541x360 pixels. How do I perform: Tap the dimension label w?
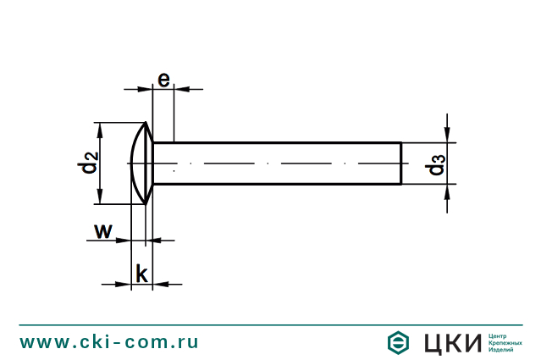pyautogui.click(x=102, y=230)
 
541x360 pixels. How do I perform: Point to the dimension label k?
pyautogui.click(x=142, y=274)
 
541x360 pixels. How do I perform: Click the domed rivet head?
pyautogui.click(x=141, y=162)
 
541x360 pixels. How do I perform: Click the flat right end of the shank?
pyautogui.click(x=400, y=163)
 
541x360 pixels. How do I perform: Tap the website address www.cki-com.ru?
pyautogui.click(x=110, y=341)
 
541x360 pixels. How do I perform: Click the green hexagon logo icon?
pyautogui.click(x=399, y=342)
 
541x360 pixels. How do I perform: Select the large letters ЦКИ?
pyautogui.click(x=450, y=342)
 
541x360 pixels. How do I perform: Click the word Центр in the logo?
pyautogui.click(x=499, y=335)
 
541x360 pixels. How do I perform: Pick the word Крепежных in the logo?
pyautogui.click(x=506, y=342)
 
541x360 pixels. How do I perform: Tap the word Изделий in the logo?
pyautogui.click(x=502, y=350)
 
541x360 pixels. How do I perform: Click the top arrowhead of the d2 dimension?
pyautogui.click(x=101, y=128)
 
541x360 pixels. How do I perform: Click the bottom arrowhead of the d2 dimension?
pyautogui.click(x=101, y=197)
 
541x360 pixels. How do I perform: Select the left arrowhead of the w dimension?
pyautogui.click(x=124, y=241)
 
